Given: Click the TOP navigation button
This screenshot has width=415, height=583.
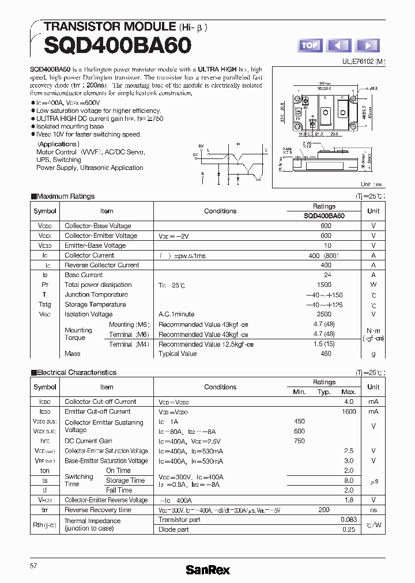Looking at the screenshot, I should pos(310,46).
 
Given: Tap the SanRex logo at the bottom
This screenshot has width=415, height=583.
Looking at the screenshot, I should pos(207,570).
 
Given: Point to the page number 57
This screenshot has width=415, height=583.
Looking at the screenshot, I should pos(33,566).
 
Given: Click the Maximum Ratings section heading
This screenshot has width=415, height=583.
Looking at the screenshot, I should pos(66,196).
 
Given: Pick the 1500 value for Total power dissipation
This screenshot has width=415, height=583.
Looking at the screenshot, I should pos(324,285).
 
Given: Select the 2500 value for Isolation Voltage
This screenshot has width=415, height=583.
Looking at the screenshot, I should pos(324,314).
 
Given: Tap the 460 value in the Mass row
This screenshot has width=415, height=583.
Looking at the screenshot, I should pos(326,353).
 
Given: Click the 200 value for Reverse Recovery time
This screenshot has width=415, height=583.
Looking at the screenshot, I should pos(324,510).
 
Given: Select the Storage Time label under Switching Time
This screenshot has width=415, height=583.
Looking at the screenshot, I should pos(125,480).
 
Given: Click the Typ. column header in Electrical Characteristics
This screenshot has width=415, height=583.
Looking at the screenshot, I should pos(324,392).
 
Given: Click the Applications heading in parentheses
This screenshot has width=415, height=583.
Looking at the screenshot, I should pos(58,144).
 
